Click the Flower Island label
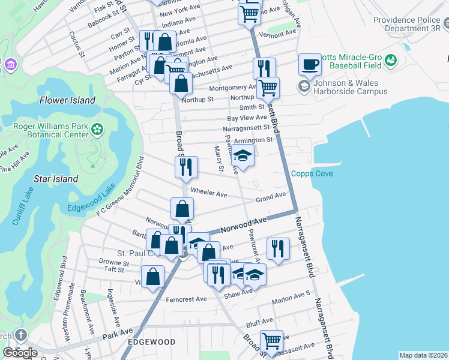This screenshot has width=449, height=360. point(67,100)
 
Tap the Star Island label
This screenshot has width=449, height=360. point(56,179)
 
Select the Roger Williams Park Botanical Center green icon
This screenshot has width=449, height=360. point(97,128)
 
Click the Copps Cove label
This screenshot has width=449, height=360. point(312,174)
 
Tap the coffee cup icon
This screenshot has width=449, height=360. point(310,64)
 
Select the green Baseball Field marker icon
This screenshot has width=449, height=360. point(391,60)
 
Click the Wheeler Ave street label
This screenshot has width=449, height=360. point(208,193)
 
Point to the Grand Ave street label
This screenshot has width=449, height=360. point(271,197)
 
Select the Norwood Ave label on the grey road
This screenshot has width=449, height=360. point(243,226)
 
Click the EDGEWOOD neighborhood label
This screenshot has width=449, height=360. point(151,342)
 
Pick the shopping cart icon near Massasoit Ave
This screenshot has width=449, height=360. point(271,341)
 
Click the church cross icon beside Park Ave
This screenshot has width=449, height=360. point(20,335)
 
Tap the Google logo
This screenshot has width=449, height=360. point(20,353)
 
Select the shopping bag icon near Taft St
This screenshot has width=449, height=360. point(154,277)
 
